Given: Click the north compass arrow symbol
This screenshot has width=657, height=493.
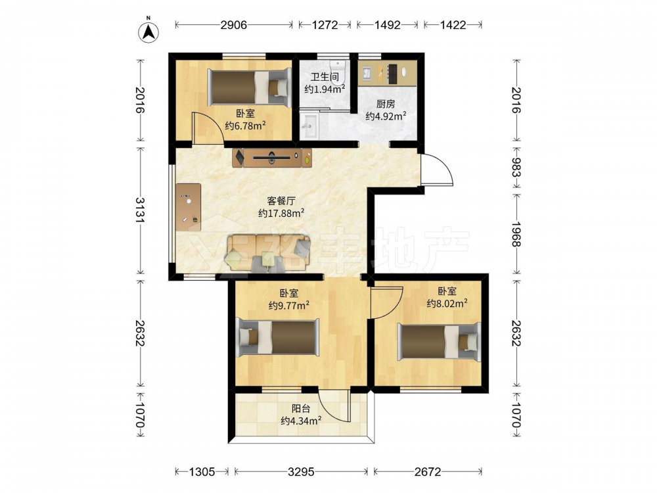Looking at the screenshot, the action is click(x=148, y=30).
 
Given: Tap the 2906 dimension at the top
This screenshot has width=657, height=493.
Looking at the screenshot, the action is click(x=234, y=25).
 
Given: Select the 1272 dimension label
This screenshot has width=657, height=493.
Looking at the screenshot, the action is click(x=325, y=25).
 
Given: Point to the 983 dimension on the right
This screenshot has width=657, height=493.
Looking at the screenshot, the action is click(x=516, y=167).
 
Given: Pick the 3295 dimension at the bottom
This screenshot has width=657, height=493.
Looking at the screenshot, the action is click(x=301, y=472).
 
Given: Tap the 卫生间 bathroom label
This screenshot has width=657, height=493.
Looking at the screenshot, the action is click(x=325, y=77).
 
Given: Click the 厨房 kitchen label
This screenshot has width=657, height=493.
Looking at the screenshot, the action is click(x=386, y=104).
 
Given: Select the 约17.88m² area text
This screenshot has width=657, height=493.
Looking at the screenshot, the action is click(x=281, y=213).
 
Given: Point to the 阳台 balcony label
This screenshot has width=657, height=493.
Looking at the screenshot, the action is click(x=301, y=408).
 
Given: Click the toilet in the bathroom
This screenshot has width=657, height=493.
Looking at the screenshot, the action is click(x=338, y=71).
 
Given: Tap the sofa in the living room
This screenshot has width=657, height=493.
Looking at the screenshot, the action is click(x=269, y=254).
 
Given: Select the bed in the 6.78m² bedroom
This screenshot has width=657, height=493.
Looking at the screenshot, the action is click(x=249, y=87).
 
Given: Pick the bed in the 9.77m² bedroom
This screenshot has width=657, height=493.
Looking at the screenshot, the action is click(x=277, y=337).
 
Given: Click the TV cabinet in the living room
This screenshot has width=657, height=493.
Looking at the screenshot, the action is click(x=273, y=158).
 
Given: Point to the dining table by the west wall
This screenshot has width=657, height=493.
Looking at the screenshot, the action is click(x=188, y=206).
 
